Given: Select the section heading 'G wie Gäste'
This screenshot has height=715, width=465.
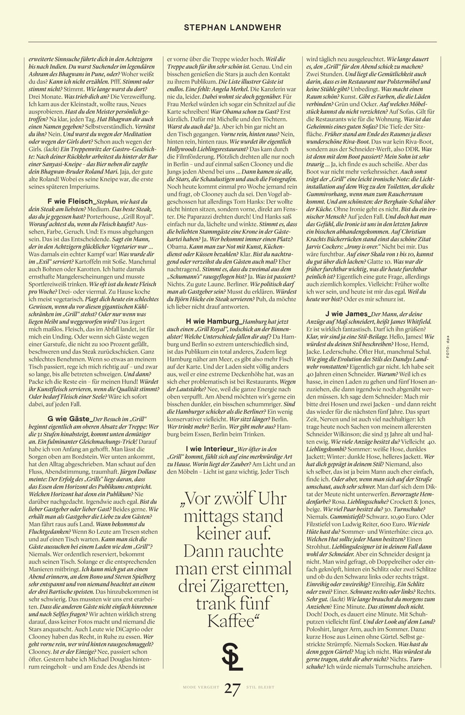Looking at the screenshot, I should click(69, 419).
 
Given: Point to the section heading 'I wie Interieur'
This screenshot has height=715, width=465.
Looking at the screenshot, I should click(211, 449).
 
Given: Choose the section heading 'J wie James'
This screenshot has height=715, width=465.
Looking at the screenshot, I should click(347, 314).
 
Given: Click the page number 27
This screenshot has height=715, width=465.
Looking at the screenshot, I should click(232, 689).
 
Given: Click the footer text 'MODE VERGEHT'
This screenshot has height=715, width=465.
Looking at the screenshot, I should click(201, 687).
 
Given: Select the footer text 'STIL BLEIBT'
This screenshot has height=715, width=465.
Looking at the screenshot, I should click(260, 687).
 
